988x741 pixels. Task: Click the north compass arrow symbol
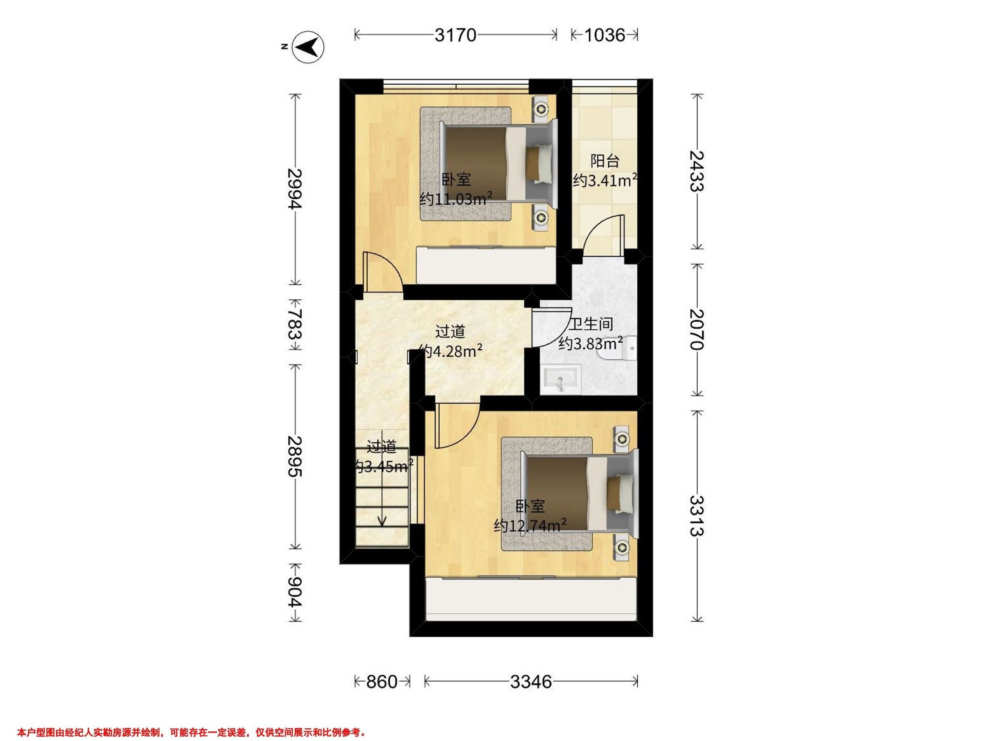click(x=308, y=47)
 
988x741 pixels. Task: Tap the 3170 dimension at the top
click(x=456, y=35)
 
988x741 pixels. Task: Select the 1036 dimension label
click(x=604, y=35)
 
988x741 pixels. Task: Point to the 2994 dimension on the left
click(x=295, y=189)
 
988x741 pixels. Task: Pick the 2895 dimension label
click(x=295, y=457)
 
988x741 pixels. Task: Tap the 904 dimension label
click(x=295, y=592)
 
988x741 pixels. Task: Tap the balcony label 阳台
click(x=605, y=161)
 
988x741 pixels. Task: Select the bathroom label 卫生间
click(x=590, y=324)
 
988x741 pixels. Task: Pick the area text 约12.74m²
click(x=531, y=526)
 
